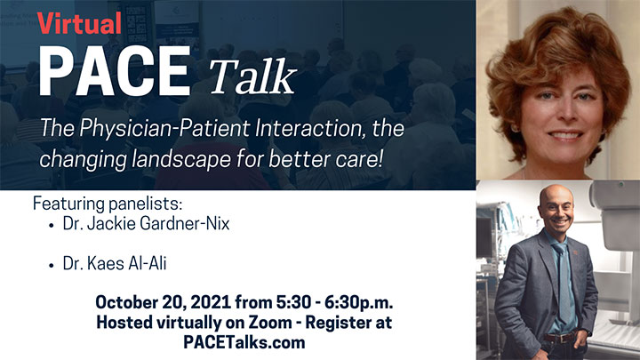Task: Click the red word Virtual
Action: (x=80, y=23)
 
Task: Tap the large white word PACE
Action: (x=115, y=71)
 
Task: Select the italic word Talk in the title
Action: (x=252, y=76)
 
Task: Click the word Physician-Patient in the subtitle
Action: (x=164, y=128)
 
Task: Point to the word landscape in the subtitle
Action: (x=181, y=159)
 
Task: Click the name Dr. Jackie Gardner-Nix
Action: (x=146, y=224)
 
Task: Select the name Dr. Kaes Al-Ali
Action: (x=115, y=263)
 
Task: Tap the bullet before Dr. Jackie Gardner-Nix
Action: (x=51, y=225)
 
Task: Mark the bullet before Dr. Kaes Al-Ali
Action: (x=51, y=265)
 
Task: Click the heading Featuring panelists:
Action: (x=108, y=204)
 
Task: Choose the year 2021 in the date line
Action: (x=211, y=302)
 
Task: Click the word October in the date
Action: (x=126, y=302)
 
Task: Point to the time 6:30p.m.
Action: (x=359, y=302)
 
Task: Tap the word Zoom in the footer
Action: (x=270, y=323)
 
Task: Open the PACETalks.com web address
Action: (x=244, y=342)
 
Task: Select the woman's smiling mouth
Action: (x=565, y=135)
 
